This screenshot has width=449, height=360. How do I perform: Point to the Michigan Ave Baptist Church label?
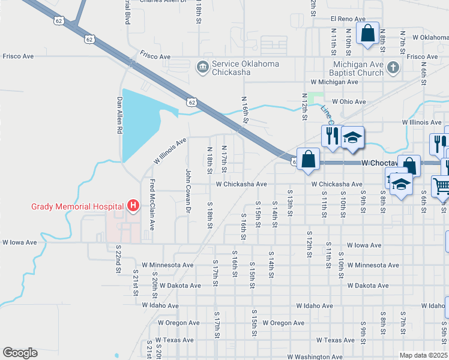click(x=358, y=68)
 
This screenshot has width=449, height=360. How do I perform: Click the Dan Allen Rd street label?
click(x=120, y=115)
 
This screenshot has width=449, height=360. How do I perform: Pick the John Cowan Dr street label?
click(x=188, y=191)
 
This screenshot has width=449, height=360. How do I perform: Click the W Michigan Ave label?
click(x=334, y=82)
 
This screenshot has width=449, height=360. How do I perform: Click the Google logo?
click(x=20, y=353)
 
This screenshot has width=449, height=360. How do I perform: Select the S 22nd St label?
click(x=118, y=262)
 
